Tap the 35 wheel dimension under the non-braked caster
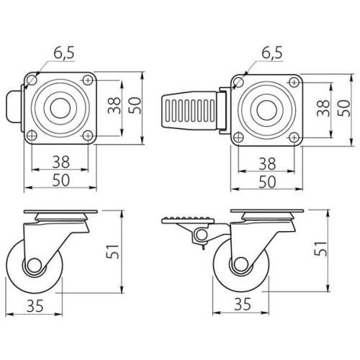(35, 305)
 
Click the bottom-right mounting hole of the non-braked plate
(87, 135)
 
